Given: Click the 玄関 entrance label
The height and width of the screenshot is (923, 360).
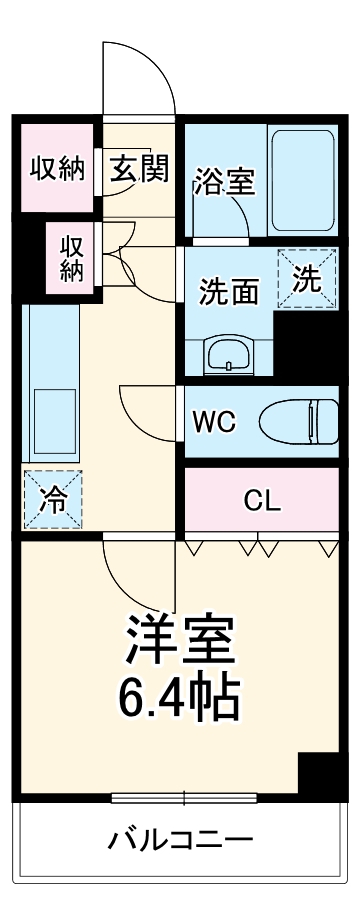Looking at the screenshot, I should pos(139,168).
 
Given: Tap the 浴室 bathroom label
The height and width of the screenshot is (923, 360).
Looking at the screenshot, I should pos(224,182).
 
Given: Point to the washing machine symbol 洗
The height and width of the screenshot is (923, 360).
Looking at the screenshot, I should pos(307,279).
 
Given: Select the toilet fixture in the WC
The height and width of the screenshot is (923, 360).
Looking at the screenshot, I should pos(300,420).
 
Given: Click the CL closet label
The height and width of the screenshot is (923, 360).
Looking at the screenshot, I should pos(263,501).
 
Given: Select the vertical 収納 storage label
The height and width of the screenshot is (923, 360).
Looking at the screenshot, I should pos(71,258).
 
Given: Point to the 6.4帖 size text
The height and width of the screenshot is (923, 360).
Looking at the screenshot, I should pos(180,699).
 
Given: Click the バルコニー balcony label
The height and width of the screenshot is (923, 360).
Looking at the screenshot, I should pos(180,838).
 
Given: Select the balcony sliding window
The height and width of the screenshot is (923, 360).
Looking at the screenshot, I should pos(184,797).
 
